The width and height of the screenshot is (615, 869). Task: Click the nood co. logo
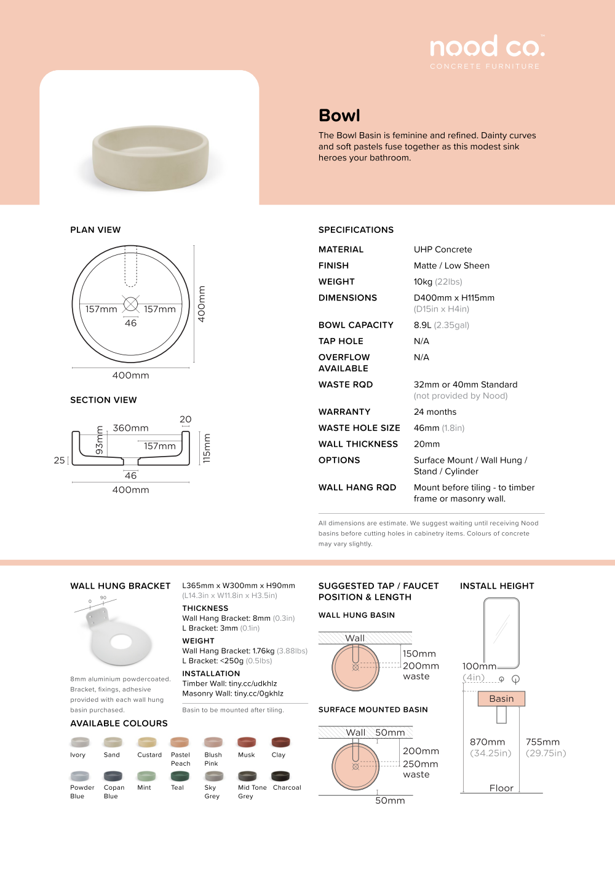(x=487, y=47)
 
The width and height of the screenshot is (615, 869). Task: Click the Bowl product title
(x=339, y=116)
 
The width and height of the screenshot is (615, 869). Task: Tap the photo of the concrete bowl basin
(x=151, y=157)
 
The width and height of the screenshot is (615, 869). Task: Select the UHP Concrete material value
(x=443, y=250)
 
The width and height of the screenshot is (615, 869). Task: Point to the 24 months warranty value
(x=435, y=412)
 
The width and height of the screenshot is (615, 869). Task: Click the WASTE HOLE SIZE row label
(x=359, y=428)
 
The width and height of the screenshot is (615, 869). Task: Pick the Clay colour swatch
(x=280, y=742)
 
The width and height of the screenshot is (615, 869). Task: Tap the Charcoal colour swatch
(x=280, y=776)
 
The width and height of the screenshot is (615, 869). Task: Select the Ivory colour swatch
(x=80, y=742)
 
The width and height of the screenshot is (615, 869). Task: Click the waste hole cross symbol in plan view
(x=131, y=304)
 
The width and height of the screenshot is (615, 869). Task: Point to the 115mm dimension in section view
(x=207, y=448)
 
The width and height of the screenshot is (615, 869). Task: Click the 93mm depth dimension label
(x=100, y=441)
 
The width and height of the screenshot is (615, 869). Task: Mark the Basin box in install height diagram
(x=501, y=699)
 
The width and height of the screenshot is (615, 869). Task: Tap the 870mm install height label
(x=487, y=742)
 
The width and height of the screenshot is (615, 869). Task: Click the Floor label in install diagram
(x=501, y=788)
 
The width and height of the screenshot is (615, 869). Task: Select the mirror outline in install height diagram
(x=501, y=633)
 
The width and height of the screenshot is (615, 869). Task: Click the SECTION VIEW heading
(x=103, y=400)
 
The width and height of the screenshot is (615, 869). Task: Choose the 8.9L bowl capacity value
(x=423, y=325)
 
